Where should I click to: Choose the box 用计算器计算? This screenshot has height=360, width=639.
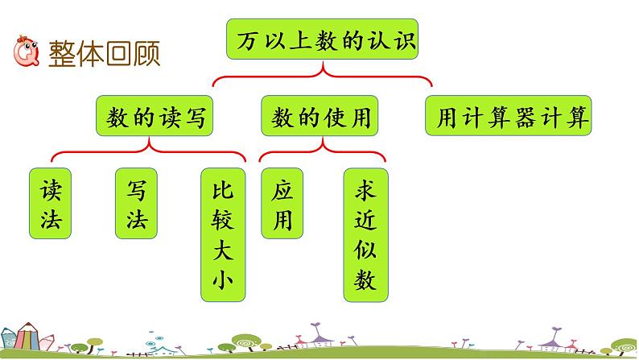coord(508,118)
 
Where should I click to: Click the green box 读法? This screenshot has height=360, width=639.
coord(49,204)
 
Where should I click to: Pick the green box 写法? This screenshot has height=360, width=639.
coord(135,204)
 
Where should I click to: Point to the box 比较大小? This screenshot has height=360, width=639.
coord(221,234)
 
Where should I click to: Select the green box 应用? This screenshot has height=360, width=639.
coord(281,204)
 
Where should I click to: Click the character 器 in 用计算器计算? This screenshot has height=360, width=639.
coord(524,118)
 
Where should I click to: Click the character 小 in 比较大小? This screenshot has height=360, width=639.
coord(221,284)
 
